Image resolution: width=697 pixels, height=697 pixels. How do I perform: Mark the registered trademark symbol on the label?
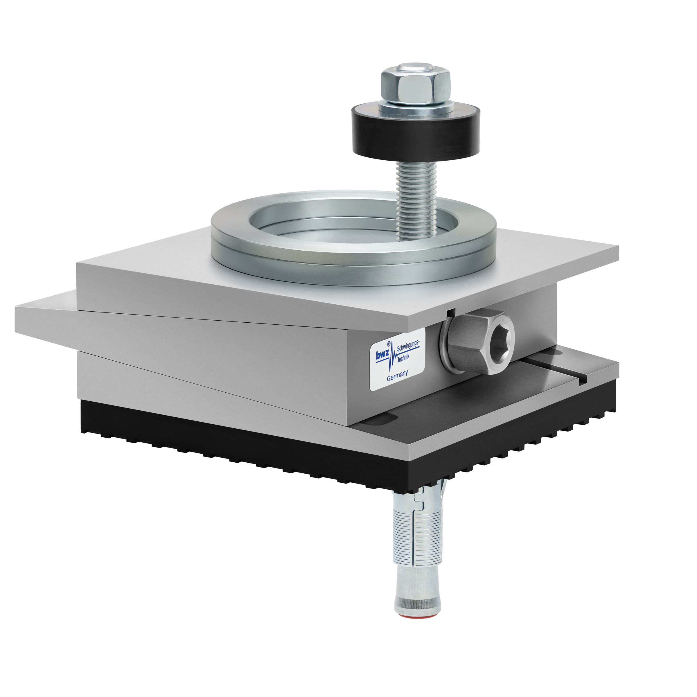pos(389,344)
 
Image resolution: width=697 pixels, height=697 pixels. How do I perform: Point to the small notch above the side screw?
pos(450,313)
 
